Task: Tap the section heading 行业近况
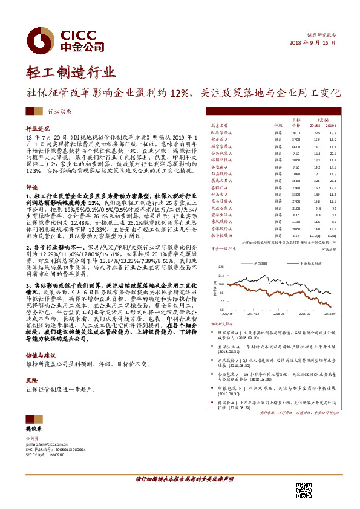coord(38,129)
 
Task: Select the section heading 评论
coord(32,187)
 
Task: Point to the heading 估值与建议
coord(40,355)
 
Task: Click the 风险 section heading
coord(32,381)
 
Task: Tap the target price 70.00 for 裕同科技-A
coord(296,160)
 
